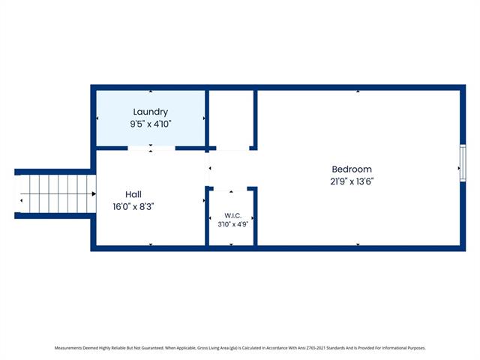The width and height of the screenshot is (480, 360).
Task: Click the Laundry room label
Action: (150, 112)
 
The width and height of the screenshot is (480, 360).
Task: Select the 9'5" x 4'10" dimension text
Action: (150, 124)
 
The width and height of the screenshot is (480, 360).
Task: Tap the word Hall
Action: (133, 194)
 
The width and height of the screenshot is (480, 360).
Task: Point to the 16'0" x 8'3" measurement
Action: (133, 207)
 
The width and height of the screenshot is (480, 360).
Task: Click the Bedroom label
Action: (352, 169)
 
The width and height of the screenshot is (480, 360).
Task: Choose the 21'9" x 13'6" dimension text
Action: (352, 181)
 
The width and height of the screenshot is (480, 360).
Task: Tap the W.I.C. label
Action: (232, 215)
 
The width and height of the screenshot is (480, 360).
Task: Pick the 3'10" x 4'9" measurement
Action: (232, 224)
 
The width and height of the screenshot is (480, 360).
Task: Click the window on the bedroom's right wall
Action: (463, 163)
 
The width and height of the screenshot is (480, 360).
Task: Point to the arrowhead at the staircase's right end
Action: (94, 193)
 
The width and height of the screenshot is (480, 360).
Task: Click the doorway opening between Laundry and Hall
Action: (151, 148)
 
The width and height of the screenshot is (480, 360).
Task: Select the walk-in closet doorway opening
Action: (230, 189)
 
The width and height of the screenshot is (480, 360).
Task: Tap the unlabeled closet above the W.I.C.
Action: (231, 118)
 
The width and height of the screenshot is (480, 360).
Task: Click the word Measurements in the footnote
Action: (68, 348)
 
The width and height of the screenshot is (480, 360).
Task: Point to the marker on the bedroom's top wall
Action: (358, 91)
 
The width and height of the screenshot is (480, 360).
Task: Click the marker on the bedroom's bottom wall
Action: (358, 244)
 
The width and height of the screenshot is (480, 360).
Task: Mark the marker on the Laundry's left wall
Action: (97, 118)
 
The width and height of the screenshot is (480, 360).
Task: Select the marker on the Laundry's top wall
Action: (151, 91)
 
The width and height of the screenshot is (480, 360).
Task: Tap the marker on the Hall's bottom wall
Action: (151, 244)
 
